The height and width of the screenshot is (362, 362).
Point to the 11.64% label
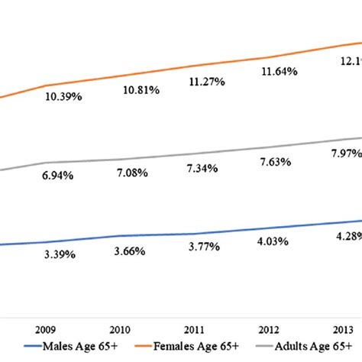tap(278, 72)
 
